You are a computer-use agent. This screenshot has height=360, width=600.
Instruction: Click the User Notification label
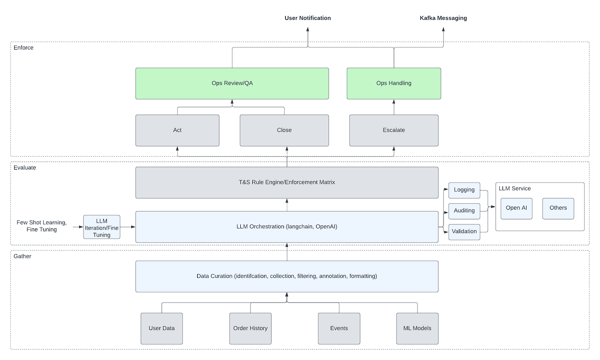point(308,18)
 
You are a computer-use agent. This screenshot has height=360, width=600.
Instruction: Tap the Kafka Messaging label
point(443,18)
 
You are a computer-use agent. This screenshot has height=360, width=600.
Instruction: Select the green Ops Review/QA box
point(232,83)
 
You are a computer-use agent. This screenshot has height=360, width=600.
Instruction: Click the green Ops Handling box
point(394,83)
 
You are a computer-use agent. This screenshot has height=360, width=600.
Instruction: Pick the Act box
point(177,130)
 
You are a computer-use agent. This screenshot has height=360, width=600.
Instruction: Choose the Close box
point(284,130)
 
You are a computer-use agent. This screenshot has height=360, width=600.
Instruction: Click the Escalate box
point(394,130)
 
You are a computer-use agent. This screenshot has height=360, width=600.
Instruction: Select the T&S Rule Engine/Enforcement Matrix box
point(287,182)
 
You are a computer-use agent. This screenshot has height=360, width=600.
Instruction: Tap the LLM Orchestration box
point(287,227)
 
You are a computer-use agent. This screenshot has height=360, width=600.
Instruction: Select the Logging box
point(464,190)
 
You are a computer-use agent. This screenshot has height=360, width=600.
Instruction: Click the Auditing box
point(464,211)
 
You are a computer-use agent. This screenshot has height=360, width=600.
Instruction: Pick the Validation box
point(464,231)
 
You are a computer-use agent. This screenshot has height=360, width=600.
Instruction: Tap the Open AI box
point(516,208)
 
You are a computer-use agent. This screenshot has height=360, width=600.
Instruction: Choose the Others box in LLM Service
point(558,208)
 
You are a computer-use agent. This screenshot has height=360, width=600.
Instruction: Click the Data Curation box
point(287,277)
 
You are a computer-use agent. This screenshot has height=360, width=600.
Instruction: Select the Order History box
point(250,329)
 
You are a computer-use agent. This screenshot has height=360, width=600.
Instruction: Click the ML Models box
point(417,329)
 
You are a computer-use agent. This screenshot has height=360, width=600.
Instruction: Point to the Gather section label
point(23,256)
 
